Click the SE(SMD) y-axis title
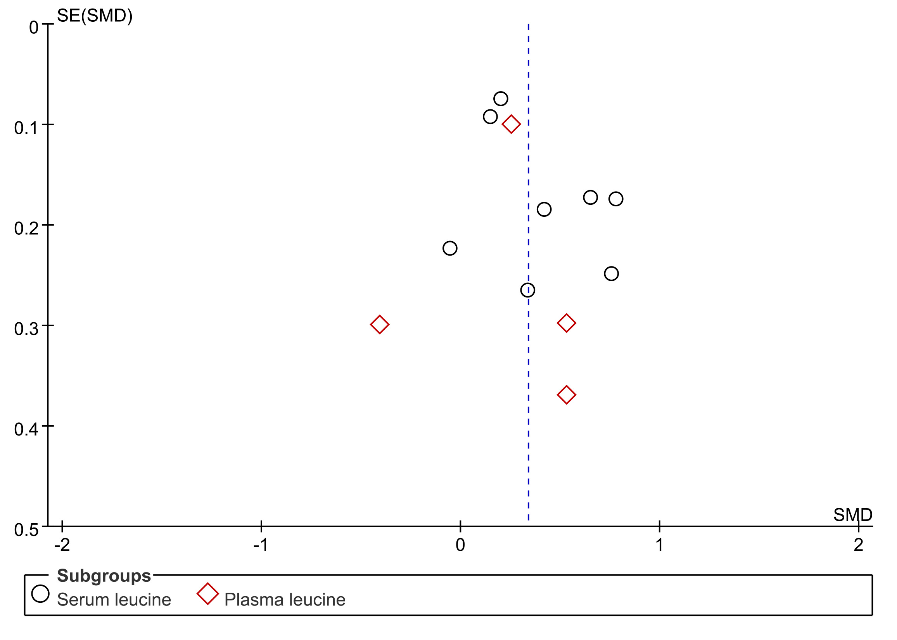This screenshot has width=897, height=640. (95, 16)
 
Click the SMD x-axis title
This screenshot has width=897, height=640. (852, 515)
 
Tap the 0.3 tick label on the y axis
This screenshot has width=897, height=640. (26, 329)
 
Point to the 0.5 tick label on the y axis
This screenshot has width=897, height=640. (26, 530)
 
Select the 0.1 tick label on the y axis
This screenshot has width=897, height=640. (26, 128)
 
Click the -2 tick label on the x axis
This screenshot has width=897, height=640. (62, 545)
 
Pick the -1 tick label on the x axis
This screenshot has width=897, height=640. (261, 545)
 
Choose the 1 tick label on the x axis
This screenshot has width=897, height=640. (659, 545)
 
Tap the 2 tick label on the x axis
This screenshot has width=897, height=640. (858, 545)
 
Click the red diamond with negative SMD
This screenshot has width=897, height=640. (379, 324)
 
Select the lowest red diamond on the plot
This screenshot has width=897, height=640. (566, 395)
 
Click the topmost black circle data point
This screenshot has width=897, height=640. (500, 99)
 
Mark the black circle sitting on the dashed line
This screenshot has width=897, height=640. (527, 290)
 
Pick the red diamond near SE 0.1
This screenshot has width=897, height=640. (511, 125)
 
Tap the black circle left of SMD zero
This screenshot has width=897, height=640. (449, 248)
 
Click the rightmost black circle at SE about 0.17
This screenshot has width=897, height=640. (616, 199)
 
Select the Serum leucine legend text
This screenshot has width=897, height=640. (114, 600)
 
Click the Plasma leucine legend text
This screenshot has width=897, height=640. (284, 600)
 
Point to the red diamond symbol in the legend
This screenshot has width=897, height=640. (207, 594)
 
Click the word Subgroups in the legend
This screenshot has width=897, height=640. (104, 576)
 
